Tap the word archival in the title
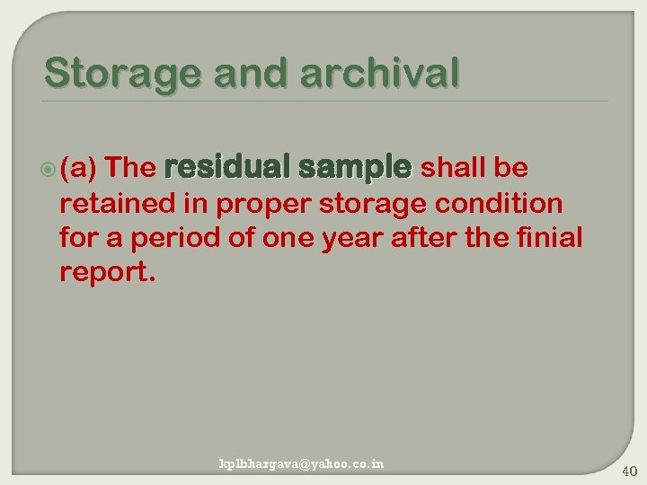click(380, 73)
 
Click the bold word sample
click(353, 168)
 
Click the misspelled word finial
click(550, 239)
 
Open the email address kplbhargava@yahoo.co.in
click(302, 464)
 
